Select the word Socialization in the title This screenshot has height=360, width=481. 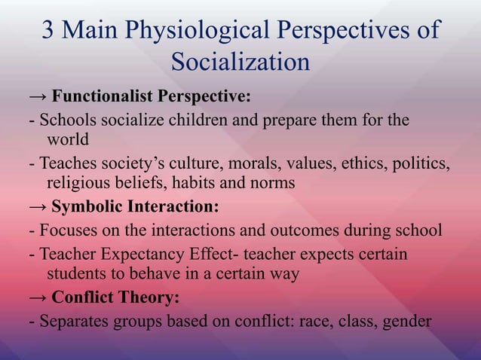click(x=240, y=62)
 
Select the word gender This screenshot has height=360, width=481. click(x=408, y=321)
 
